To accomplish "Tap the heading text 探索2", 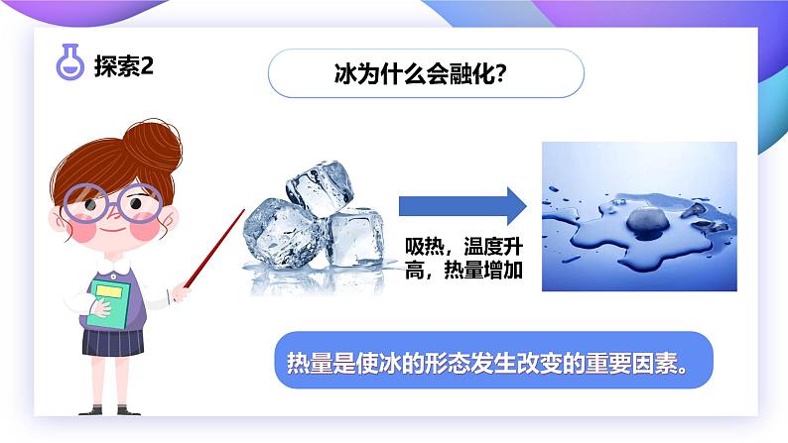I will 122,66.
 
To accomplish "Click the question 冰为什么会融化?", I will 426,73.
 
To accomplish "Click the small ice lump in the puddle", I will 641,216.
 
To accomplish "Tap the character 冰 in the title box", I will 346,74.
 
